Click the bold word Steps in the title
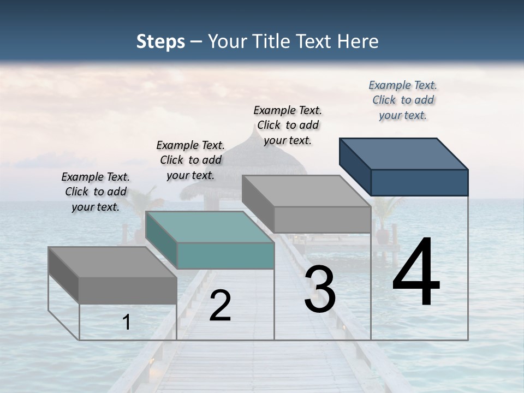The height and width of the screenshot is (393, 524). point(160,41)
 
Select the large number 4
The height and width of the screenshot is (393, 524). point(416,273)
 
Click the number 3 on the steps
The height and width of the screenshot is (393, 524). point(320,290)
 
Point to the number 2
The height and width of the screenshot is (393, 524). point(220,306)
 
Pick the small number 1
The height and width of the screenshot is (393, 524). point(127,323)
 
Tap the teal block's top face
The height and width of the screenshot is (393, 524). point(210,227)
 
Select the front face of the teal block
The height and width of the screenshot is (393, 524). point(225,255)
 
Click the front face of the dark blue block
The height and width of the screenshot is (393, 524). point(419,182)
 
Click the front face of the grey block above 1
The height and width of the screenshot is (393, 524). point(128,290)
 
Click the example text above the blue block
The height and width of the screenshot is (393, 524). point(403,100)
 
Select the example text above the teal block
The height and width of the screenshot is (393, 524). point(190,160)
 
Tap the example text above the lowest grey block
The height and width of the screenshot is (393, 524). point(96,192)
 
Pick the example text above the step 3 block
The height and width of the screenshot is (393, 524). point(288,125)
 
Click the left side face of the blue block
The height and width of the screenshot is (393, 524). point(355,166)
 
